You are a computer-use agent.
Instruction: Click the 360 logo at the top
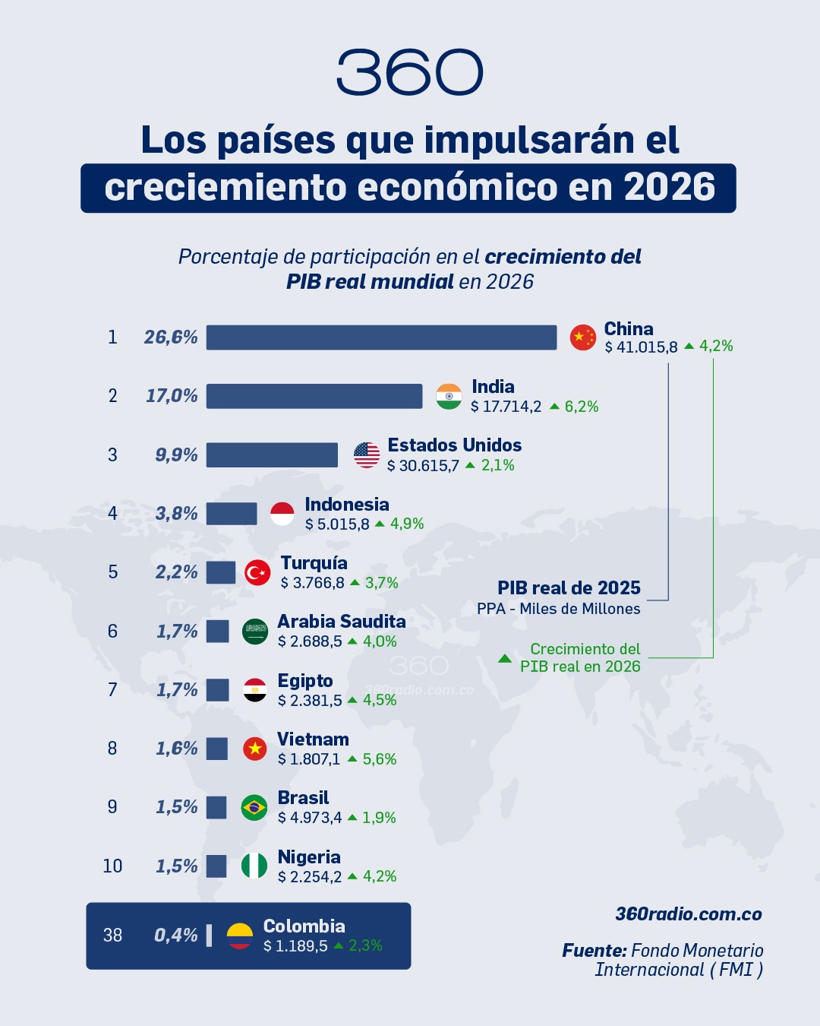409,73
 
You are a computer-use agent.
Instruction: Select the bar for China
381,337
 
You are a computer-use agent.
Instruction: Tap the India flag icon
449,396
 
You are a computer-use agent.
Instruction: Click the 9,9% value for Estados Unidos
176,454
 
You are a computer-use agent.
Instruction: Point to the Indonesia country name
346,505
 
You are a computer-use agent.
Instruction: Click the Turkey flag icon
257,572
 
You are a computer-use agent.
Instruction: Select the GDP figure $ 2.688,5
310,641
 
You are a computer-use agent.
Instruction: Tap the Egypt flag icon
255,690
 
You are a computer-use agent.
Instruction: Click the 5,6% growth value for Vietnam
380,759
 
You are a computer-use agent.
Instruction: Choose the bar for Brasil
216,807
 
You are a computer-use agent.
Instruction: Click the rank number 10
112,866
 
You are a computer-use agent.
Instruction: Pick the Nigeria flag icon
254,866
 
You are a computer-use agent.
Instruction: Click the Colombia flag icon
240,936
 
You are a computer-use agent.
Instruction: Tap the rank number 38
112,936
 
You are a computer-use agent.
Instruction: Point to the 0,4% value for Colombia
176,936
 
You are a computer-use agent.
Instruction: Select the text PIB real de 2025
569,588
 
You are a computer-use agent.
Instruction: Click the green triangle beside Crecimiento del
505,658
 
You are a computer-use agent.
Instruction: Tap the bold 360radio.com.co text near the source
689,914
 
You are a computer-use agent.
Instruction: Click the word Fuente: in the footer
594,951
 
